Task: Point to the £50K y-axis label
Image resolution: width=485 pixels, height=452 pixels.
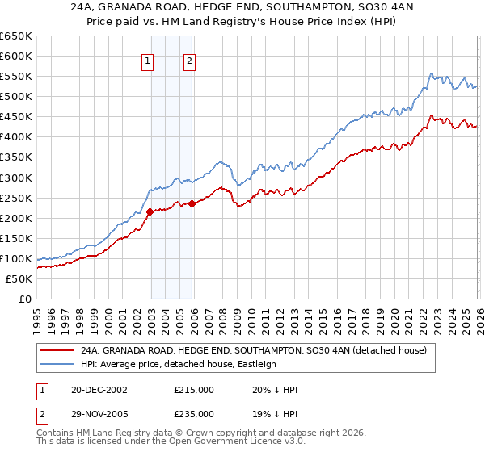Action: click(19, 278)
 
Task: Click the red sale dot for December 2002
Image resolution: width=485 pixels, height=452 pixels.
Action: click(150, 211)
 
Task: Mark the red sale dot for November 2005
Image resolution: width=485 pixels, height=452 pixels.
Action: click(192, 203)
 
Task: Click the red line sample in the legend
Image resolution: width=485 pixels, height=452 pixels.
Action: click(57, 350)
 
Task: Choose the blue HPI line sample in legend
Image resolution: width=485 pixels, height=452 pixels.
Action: click(57, 364)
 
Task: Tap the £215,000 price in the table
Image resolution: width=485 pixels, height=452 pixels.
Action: click(193, 389)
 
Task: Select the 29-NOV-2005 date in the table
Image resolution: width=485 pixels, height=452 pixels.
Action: click(97, 413)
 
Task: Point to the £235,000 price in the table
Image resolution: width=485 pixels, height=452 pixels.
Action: click(193, 413)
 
